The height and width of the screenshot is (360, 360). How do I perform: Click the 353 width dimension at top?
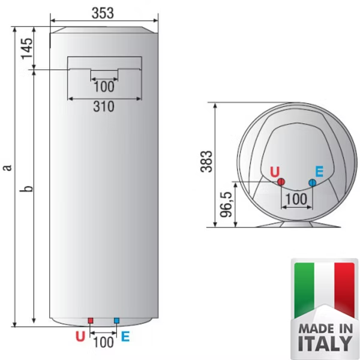[103, 13]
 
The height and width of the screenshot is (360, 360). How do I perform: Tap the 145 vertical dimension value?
[27, 49]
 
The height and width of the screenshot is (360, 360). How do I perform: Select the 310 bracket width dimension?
[104, 107]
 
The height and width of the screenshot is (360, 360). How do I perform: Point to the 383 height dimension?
[206, 161]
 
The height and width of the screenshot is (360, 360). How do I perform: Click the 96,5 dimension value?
[226, 205]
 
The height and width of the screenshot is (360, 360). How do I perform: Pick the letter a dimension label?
[8, 167]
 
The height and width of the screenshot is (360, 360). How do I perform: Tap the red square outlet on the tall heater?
[91, 320]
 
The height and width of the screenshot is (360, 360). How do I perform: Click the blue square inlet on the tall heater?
[116, 320]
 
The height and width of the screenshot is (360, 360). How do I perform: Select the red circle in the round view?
[281, 182]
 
